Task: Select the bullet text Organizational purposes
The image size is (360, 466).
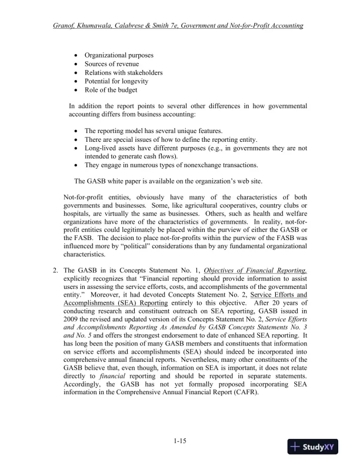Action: pos(119,55)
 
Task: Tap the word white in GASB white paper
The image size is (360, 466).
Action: pos(120,181)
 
